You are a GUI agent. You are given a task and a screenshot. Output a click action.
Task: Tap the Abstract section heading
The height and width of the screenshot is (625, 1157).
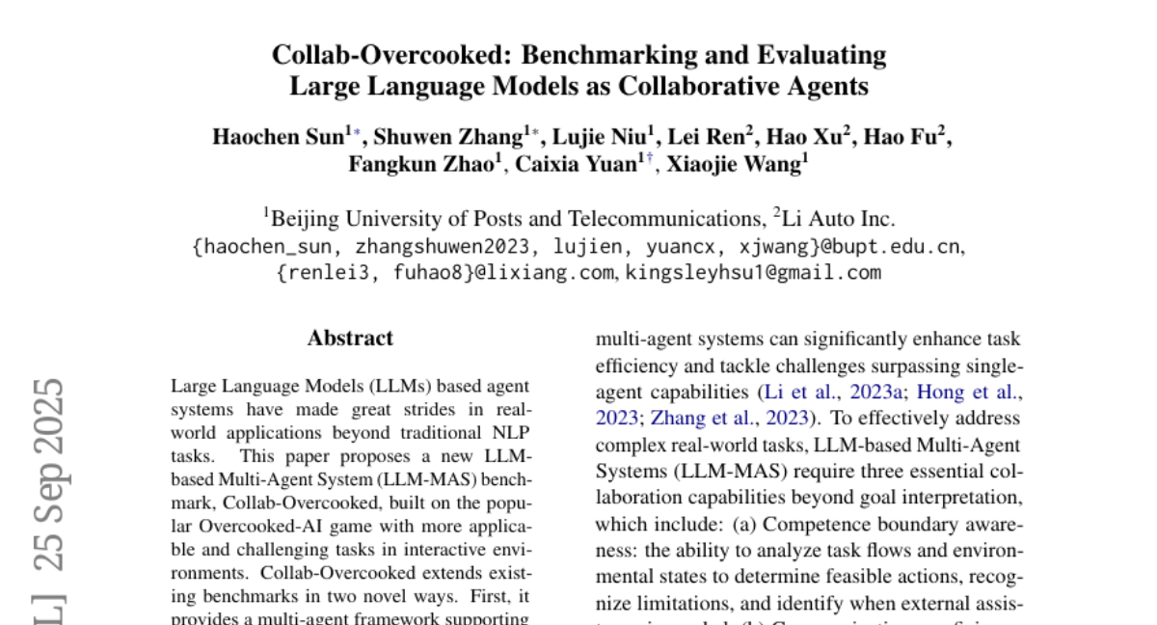[x=350, y=339]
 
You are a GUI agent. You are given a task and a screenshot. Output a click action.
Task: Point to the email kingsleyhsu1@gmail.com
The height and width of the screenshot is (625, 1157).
[x=753, y=272]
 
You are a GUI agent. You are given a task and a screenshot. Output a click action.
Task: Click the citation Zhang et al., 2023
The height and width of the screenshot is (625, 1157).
[x=731, y=419]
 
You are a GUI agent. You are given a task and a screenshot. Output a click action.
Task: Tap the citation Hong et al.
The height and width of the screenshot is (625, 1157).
[x=968, y=393]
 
